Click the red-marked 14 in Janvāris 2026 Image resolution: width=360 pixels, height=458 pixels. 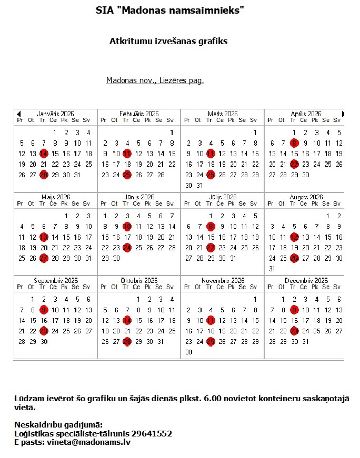[44, 154]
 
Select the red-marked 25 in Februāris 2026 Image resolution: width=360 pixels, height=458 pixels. [127, 175]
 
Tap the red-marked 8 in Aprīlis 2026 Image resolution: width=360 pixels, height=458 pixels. [294, 143]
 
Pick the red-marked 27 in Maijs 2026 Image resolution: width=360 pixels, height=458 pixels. [44, 258]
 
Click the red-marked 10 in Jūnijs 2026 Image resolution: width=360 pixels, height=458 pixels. [127, 227]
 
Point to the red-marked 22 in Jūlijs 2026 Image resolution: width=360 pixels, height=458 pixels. [211, 248]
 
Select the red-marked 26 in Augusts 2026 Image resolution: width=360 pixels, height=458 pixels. [294, 258]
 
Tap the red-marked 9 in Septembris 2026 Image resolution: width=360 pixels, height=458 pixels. [44, 310]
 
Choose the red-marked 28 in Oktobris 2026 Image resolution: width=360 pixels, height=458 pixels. [127, 341]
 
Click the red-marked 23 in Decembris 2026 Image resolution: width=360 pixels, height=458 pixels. [294, 331]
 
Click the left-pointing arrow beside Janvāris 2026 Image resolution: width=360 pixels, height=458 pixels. [18, 114]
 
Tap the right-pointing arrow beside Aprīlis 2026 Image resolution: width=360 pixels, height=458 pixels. [343, 114]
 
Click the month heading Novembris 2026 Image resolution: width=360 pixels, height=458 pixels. [223, 281]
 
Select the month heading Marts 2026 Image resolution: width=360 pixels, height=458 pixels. [223, 114]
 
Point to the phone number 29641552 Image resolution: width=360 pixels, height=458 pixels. [153, 434]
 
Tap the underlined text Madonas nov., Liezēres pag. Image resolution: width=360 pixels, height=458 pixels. [155, 80]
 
